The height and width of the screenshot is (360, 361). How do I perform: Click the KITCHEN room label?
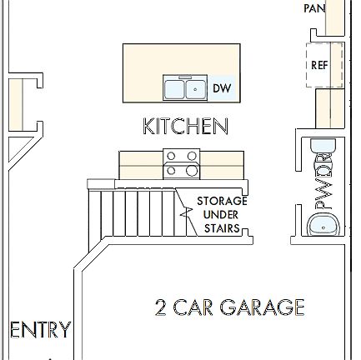point(185,127)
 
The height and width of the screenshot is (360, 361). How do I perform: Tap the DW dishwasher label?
point(221,87)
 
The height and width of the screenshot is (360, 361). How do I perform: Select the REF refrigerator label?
point(319,65)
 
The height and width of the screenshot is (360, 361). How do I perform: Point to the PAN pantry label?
point(314,8)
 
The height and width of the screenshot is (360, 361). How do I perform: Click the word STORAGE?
point(222,201)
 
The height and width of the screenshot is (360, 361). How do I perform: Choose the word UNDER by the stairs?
point(222,215)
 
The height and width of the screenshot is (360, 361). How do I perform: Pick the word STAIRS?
point(222,228)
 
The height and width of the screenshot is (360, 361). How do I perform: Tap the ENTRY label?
point(39,329)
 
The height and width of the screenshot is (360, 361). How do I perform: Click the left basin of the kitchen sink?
point(174,87)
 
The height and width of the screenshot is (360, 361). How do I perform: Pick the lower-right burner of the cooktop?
point(193,171)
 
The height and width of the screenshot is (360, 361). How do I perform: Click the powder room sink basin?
point(323,225)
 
